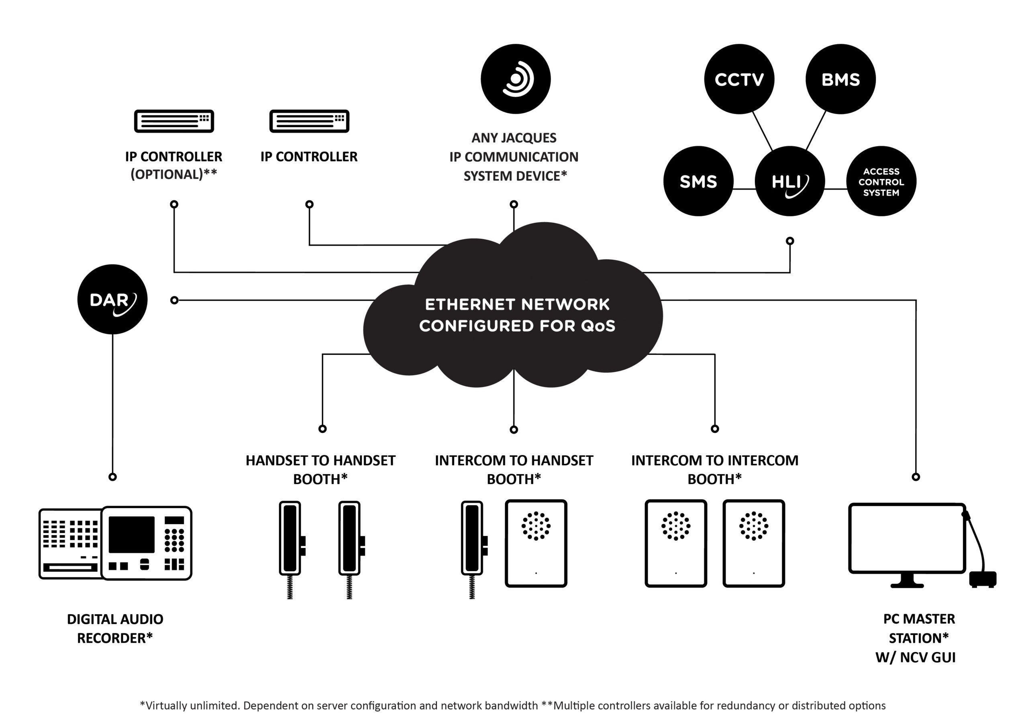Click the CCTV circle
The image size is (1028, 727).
pos(739,79)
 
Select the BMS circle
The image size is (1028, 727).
pos(840,79)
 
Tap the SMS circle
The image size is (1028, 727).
pos(698,181)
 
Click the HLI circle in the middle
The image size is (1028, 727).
pos(789,181)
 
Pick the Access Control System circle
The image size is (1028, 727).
pos(881,181)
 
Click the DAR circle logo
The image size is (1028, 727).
pos(112,299)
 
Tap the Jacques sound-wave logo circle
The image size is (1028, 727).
pos(515,79)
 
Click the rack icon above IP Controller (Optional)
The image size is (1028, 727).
pos(174,121)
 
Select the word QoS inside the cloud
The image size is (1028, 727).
pos(598,326)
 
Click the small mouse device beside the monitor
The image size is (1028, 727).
pos(982,579)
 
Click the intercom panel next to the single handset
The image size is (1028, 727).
pos(536,543)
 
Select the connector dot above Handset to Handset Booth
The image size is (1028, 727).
pos(322,429)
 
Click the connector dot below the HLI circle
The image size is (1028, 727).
pos(790,241)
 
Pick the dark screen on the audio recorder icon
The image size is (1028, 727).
pos(132,534)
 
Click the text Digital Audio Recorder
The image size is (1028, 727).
pos(115,628)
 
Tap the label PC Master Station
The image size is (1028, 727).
pos(918,628)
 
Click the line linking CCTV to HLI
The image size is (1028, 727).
pos(762,131)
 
